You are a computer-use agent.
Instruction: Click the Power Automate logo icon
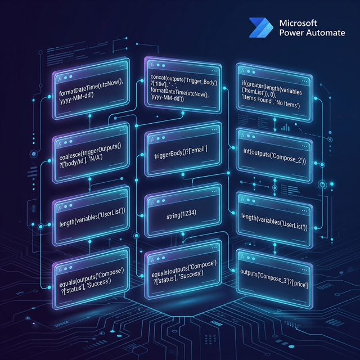262,28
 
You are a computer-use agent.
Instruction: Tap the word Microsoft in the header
298,23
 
